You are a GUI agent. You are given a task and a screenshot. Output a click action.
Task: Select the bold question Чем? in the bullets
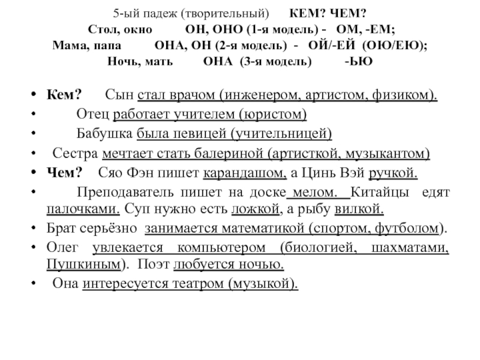pyautogui.click(x=64, y=173)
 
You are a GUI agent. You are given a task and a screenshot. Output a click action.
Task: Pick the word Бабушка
pyautogui.click(x=104, y=134)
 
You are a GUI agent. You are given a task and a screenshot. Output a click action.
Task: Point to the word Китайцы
pyautogui.click(x=376, y=192)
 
